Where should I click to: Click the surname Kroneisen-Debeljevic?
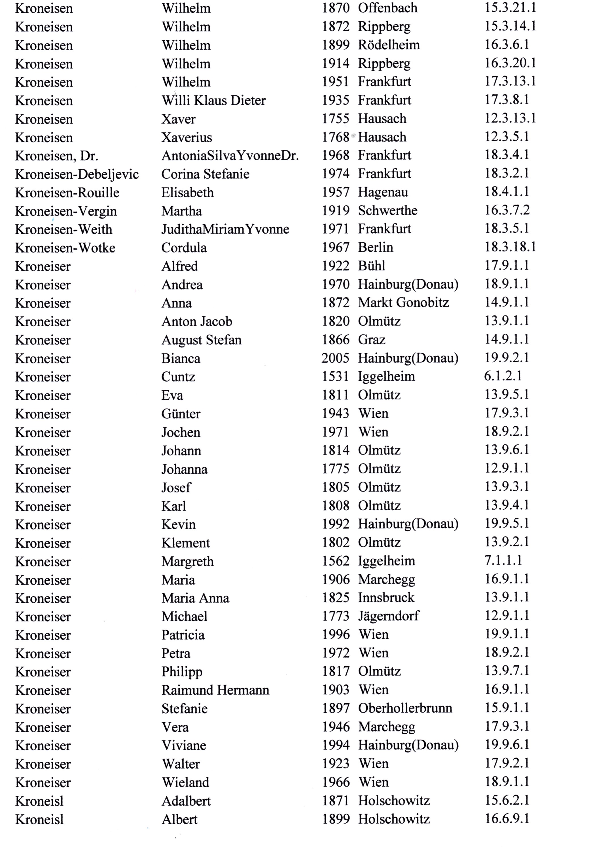coord(77,174)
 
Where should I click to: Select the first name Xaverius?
coord(187,138)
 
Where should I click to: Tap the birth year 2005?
coord(335,358)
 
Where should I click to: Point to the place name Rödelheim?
coord(389,45)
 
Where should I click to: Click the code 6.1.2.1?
coord(503,376)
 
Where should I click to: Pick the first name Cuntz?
coord(178,377)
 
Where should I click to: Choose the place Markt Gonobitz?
coord(403,303)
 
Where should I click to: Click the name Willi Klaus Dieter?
coord(213,100)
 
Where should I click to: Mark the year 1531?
coord(335,376)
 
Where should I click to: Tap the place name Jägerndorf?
coord(388,616)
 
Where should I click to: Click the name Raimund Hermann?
coord(215,690)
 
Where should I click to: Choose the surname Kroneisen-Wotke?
coord(65,248)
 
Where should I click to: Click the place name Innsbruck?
coord(386,598)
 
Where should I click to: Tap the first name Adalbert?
coord(186,801)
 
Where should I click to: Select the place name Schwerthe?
coord(387,210)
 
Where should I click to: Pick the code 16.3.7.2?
coord(507,210)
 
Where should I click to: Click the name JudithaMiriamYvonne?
coord(225,229)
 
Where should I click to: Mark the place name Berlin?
coord(375,247)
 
